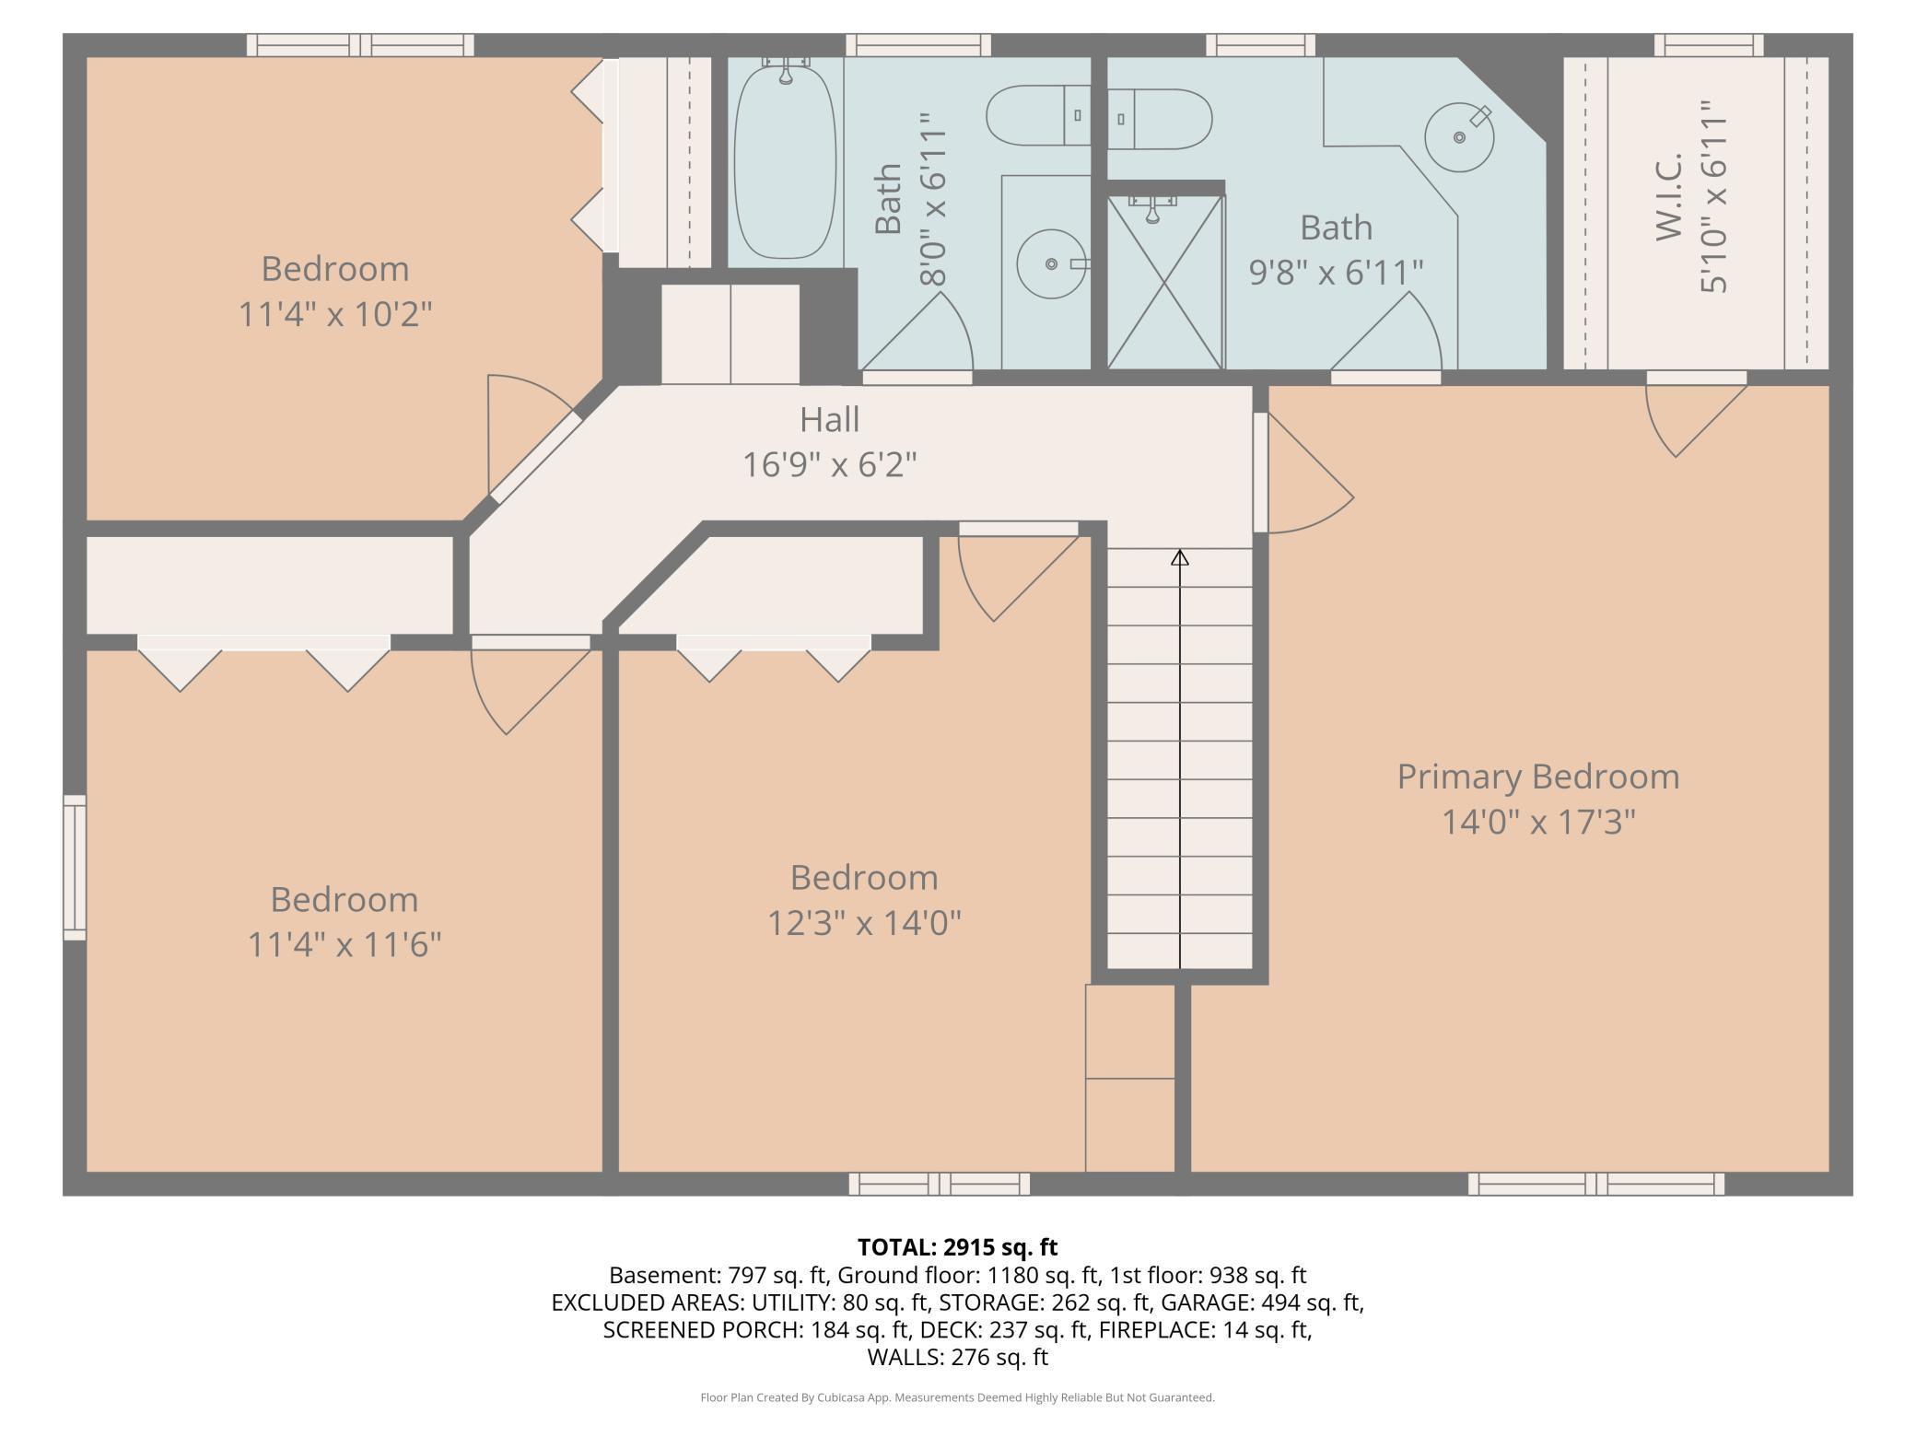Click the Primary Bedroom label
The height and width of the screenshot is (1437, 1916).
pyautogui.click(x=1538, y=777)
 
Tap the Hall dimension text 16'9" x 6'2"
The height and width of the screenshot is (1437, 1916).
pyautogui.click(x=830, y=464)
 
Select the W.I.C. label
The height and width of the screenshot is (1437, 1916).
pyautogui.click(x=1669, y=197)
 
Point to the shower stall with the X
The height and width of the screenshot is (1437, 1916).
pyautogui.click(x=1165, y=282)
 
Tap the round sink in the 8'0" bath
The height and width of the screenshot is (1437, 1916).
pyautogui.click(x=1051, y=264)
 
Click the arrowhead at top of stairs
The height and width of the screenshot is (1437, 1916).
pyautogui.click(x=1180, y=557)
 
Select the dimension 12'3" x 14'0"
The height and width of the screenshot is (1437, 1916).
pyautogui.click(x=864, y=922)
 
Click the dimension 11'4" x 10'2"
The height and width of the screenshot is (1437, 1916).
pyautogui.click(x=335, y=314)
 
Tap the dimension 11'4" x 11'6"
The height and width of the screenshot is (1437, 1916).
pyautogui.click(x=345, y=944)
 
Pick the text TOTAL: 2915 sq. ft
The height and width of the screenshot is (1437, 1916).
pyautogui.click(x=958, y=1247)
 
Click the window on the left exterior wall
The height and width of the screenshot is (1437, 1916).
pyautogui.click(x=75, y=868)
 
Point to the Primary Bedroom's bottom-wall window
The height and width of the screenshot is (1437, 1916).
pyautogui.click(x=1596, y=1184)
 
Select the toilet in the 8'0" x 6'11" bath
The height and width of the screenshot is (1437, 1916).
pyautogui.click(x=1038, y=116)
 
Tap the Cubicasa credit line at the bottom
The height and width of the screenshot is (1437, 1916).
pyautogui.click(x=958, y=1397)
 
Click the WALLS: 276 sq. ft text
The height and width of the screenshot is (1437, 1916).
pyautogui.click(x=958, y=1357)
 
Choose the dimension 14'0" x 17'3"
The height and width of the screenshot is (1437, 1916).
pyautogui.click(x=1538, y=822)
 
